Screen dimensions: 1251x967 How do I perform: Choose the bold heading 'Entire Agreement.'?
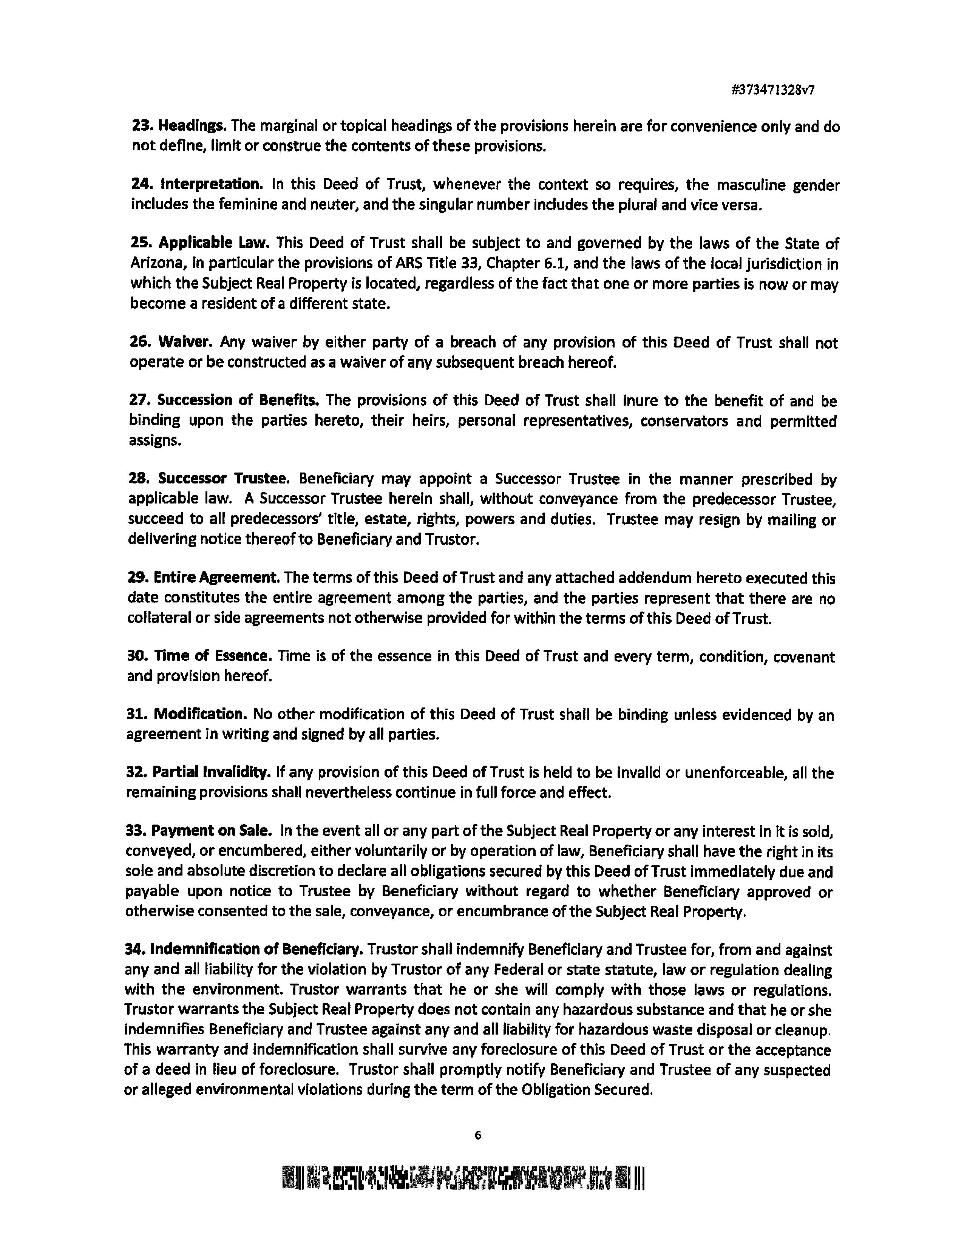(x=216, y=578)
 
